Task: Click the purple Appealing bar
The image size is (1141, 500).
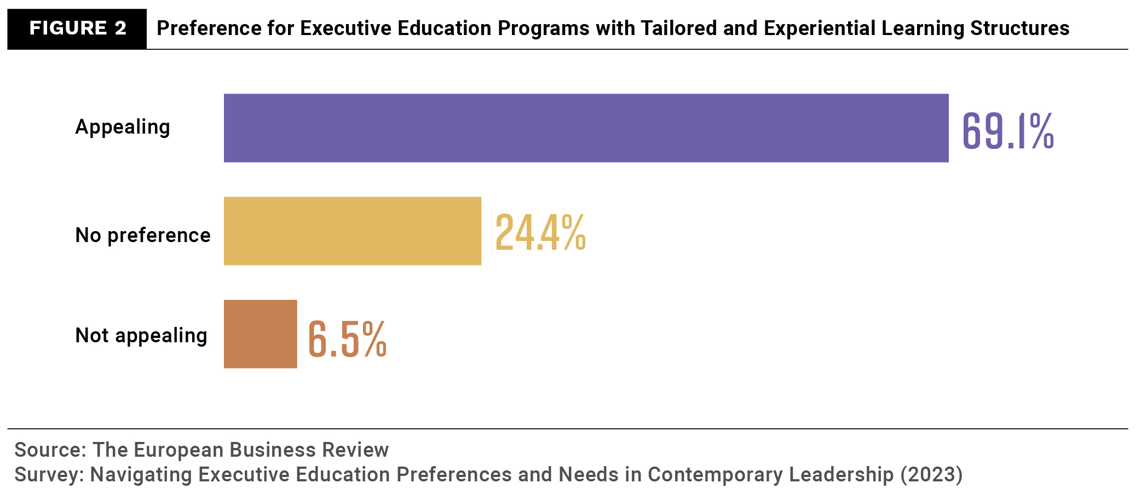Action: pos(586,128)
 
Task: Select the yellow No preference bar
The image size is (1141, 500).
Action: pos(353,231)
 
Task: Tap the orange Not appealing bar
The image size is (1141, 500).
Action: pos(261,334)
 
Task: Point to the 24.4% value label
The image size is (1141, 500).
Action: pos(540,233)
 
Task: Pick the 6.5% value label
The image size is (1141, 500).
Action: pos(347,339)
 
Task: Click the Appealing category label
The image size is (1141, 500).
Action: pos(123,127)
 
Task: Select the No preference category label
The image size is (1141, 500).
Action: pos(142,235)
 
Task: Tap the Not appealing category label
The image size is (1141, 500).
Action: pos(141,335)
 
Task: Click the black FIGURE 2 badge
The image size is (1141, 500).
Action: pos(77,28)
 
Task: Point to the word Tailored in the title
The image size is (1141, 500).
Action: pos(679,28)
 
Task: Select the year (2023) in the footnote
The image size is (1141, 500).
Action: pos(931,475)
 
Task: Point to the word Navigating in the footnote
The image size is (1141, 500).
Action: pos(141,475)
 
